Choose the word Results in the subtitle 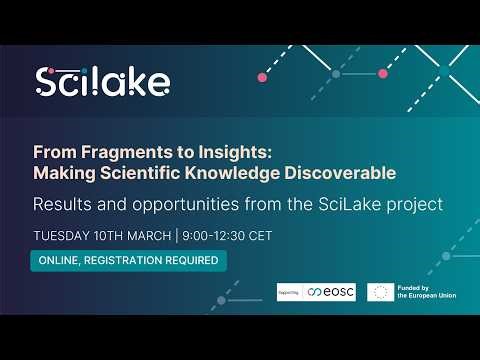tap(63, 204)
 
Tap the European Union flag tap(380, 292)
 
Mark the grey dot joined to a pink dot tap(336, 74)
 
